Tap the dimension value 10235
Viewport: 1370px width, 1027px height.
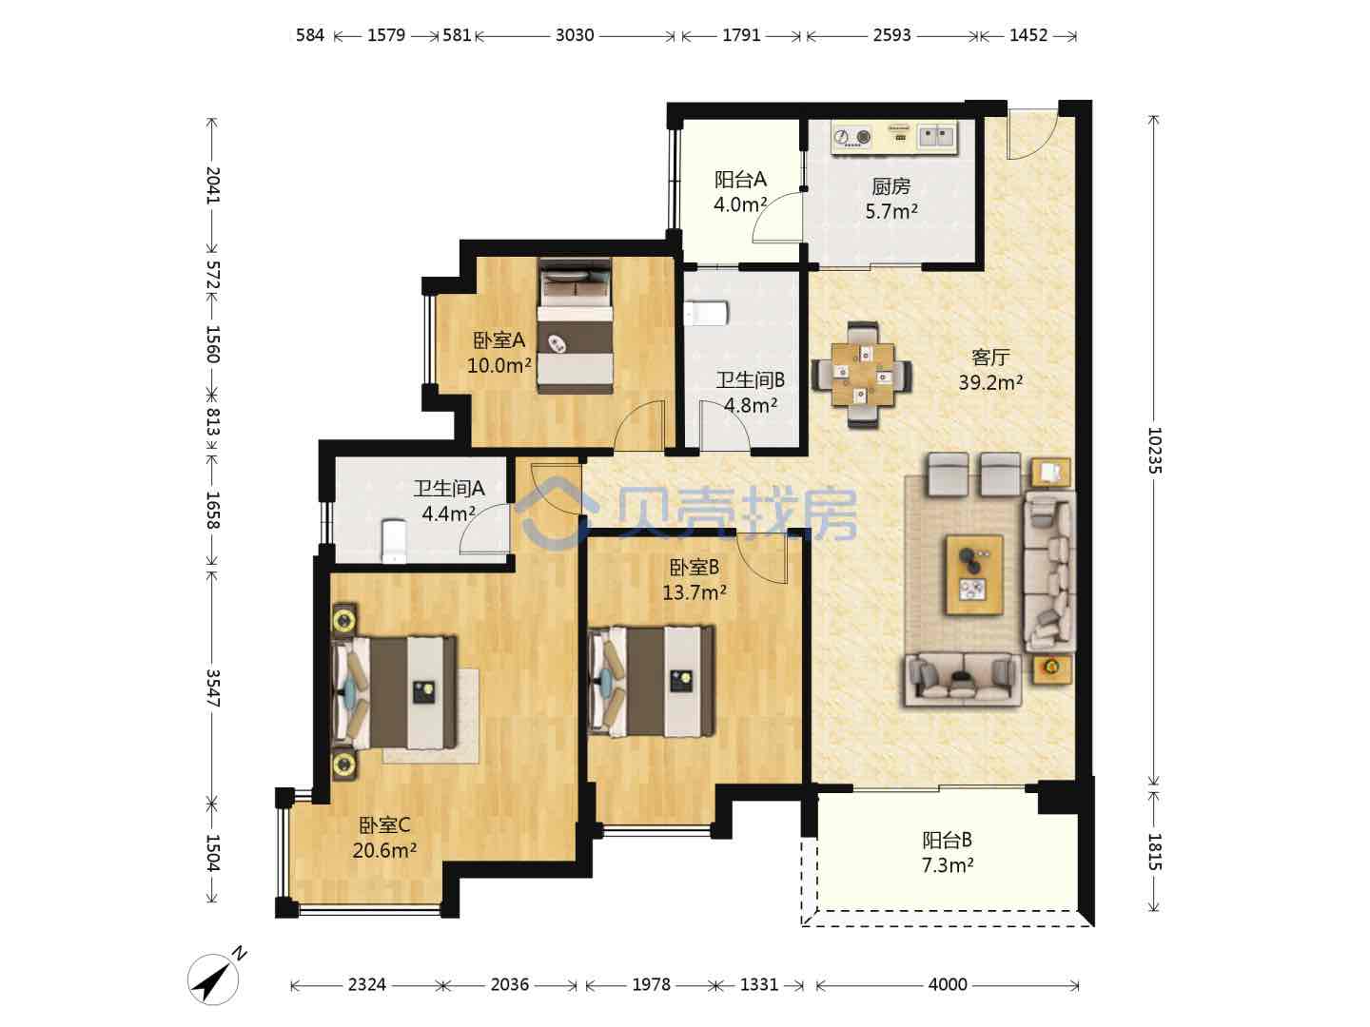click(1154, 450)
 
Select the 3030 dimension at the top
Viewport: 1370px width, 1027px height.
click(575, 35)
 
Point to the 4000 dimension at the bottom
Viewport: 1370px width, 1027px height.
click(948, 984)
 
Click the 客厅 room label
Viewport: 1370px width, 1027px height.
click(989, 358)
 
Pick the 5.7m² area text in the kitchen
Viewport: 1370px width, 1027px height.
click(890, 211)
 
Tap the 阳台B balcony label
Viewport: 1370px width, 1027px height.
click(947, 840)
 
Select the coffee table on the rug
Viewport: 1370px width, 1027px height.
click(974, 575)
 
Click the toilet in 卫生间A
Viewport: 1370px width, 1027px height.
click(393, 541)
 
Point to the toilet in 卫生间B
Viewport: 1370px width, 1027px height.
click(706, 314)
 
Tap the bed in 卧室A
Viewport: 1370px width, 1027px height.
click(575, 326)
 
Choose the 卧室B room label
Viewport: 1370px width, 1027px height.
click(695, 567)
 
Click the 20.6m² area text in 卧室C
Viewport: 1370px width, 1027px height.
click(384, 850)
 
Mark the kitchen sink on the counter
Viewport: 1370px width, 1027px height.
click(937, 135)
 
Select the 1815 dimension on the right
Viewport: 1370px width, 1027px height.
click(1154, 851)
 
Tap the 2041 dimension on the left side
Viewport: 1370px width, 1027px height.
click(213, 185)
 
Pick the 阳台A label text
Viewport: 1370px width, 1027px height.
click(740, 180)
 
